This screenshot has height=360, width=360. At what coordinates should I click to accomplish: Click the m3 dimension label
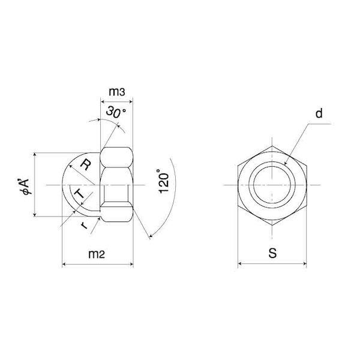(117, 92)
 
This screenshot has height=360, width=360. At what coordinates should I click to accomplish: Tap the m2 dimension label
(97, 254)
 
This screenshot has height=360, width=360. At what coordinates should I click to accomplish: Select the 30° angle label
(116, 112)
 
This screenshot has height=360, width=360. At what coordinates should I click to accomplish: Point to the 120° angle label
(164, 181)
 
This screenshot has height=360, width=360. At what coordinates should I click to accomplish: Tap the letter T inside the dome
(80, 193)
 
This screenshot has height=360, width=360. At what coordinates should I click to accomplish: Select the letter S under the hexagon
(272, 253)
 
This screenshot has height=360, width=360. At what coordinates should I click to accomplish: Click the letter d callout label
(319, 113)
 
